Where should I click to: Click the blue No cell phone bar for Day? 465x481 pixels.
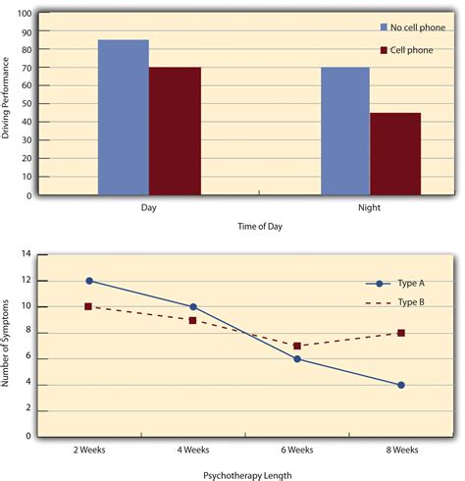pyautogui.click(x=123, y=117)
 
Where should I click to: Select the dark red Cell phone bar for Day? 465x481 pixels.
pyautogui.click(x=175, y=131)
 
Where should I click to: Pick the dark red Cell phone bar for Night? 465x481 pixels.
pyautogui.click(x=395, y=153)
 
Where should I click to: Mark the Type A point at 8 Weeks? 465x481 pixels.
pyautogui.click(x=402, y=385)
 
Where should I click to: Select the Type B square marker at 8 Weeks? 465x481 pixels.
pyautogui.click(x=402, y=333)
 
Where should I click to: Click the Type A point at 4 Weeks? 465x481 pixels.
pyautogui.click(x=193, y=307)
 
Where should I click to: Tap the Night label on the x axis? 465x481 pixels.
pyautogui.click(x=369, y=208)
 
